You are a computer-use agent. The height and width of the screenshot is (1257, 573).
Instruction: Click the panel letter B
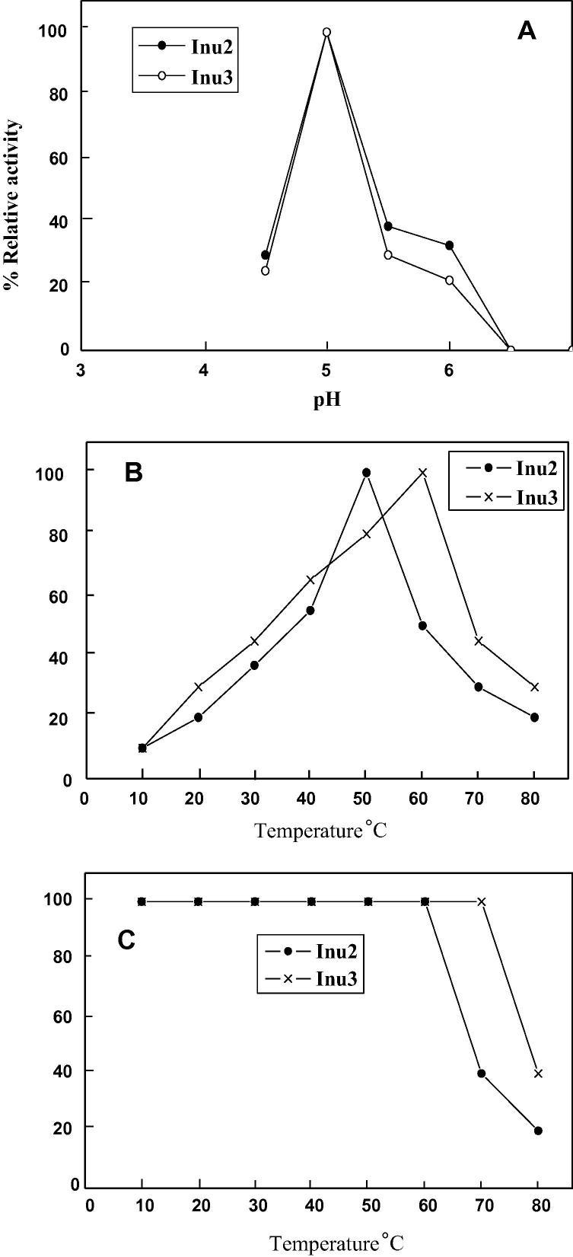(x=134, y=474)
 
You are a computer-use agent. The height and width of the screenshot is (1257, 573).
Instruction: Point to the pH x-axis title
(x=327, y=400)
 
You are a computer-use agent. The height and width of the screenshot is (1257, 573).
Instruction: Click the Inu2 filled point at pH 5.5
(x=388, y=226)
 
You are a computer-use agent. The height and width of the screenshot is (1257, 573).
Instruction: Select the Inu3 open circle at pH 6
(x=449, y=280)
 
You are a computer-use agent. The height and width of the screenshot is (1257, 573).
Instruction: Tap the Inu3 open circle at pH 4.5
(x=265, y=270)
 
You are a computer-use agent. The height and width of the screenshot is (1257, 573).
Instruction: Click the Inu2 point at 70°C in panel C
(x=481, y=1074)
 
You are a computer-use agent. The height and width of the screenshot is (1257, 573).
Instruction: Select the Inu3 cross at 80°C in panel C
(x=538, y=1074)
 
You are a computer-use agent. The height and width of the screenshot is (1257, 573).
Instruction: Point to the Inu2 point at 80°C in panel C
(x=538, y=1131)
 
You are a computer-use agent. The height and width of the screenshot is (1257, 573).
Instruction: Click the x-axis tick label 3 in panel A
(x=81, y=371)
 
